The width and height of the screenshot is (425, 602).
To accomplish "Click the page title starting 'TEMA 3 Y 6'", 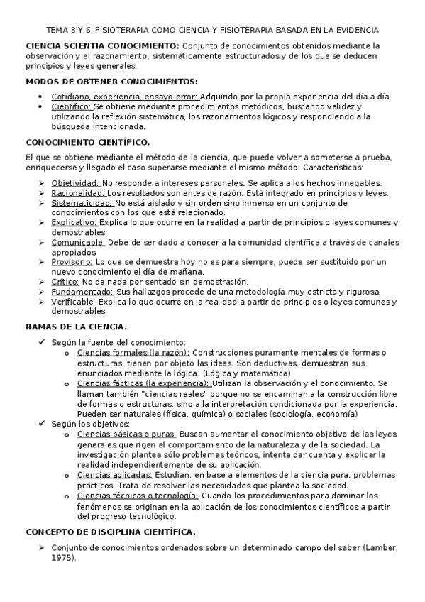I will click(x=212, y=31).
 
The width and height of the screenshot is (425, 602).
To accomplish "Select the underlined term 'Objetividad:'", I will click(x=76, y=182).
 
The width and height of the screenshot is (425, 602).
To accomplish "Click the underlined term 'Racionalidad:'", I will click(x=78, y=192).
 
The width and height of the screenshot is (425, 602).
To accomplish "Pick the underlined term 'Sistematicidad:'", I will click(x=82, y=202).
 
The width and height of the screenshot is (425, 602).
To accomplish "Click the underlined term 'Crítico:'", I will click(x=66, y=281).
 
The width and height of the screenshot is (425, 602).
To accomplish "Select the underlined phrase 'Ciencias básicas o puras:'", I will click(x=126, y=433).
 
